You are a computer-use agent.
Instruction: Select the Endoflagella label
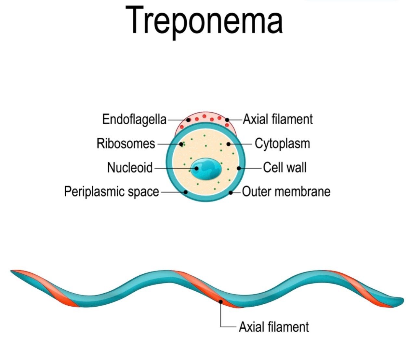(134, 119)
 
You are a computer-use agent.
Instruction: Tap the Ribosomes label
(126, 144)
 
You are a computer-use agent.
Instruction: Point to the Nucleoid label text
(130, 168)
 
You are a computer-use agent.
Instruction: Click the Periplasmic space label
(111, 191)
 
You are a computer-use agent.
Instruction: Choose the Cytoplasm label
(282, 144)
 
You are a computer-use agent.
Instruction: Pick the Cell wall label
(285, 168)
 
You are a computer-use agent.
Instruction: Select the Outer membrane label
(286, 191)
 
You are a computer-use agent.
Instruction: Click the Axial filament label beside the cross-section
(278, 119)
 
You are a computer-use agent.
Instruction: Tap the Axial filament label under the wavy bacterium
(274, 326)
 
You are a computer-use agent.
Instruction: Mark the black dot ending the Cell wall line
(239, 168)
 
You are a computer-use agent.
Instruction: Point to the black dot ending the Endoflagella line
(188, 120)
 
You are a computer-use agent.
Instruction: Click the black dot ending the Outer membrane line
(231, 192)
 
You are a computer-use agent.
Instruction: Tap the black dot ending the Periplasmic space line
(186, 192)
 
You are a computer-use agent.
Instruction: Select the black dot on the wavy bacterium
(221, 301)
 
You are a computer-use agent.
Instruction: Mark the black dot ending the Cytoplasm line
(228, 144)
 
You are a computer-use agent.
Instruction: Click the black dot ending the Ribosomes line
(181, 144)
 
